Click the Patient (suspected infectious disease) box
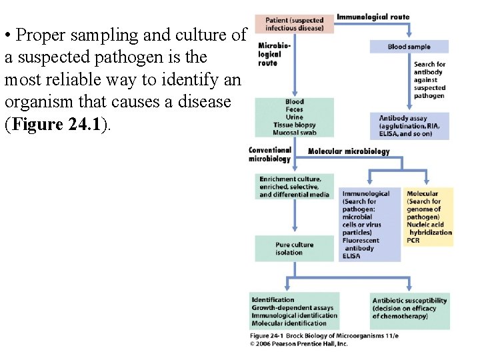pyautogui.click(x=294, y=23)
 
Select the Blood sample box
pyautogui.click(x=409, y=47)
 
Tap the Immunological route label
pyautogui.click(x=373, y=17)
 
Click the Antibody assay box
pyautogui.click(x=409, y=126)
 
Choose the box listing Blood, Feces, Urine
pyautogui.click(x=294, y=117)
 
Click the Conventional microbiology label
pyautogui.click(x=269, y=155)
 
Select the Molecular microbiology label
pyautogui.click(x=349, y=151)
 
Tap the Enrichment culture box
pyautogui.click(x=294, y=187)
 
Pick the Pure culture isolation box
pyautogui.click(x=294, y=249)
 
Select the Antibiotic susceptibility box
pyautogui.click(x=409, y=308)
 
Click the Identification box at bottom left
pyautogui.click(x=295, y=311)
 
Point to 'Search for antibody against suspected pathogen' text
pyautogui.click(x=429, y=80)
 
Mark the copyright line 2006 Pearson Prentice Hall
pyautogui.click(x=299, y=343)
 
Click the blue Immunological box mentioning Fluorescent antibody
pyautogui.click(x=369, y=225)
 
